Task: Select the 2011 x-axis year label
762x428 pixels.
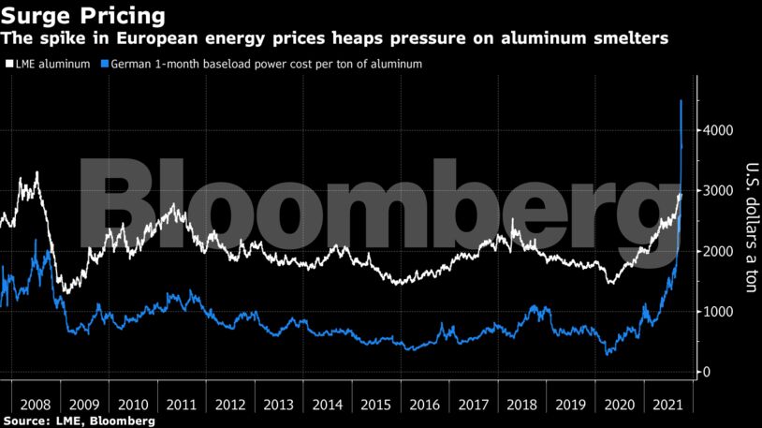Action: coord(181,405)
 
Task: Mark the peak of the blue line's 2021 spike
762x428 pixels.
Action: coord(681,100)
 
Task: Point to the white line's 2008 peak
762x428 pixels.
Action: coord(37,172)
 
